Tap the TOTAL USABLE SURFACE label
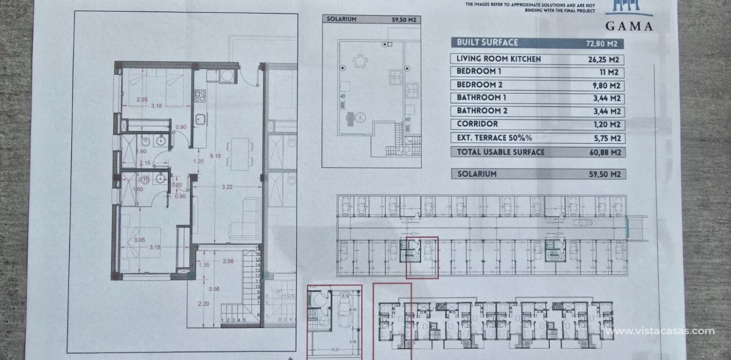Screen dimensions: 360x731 pos(500,152)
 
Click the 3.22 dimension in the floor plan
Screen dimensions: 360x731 pos(227,187)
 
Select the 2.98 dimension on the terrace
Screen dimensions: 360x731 pos(228,261)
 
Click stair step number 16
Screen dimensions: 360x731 pos(257,254)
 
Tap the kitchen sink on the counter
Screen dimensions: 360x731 pos(200,119)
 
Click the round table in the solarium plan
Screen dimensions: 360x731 pos(360,60)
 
